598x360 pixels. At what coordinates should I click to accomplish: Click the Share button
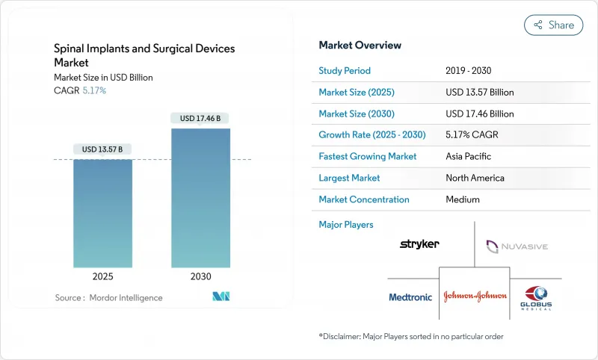553,25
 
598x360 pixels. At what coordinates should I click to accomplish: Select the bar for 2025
102,213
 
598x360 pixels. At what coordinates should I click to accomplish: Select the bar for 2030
200,198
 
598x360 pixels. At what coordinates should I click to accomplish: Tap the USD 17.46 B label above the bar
200,118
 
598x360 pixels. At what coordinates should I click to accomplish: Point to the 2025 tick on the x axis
102,276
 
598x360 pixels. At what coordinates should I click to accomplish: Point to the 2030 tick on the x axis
200,276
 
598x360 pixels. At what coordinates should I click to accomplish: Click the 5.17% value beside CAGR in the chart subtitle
93,90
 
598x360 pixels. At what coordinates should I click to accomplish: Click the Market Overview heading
360,45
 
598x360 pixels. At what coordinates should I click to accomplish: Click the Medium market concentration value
463,199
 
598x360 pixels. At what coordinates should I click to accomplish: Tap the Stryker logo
419,243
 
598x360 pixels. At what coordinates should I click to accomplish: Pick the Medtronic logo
410,297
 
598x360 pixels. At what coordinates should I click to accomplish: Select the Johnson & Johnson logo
475,295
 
